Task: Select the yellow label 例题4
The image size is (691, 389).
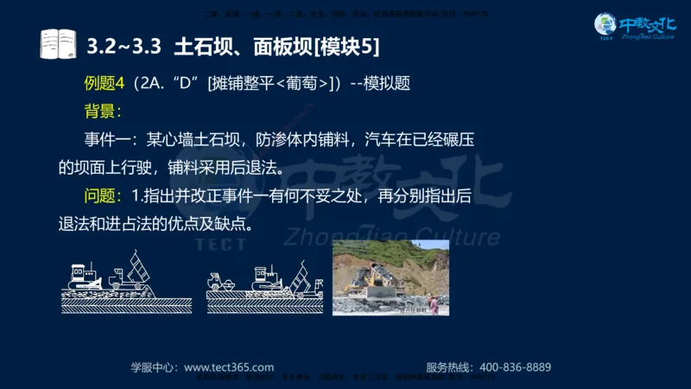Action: coord(105,84)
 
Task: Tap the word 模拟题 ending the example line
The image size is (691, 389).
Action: coord(385,84)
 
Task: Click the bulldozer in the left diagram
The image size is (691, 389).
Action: coord(86,275)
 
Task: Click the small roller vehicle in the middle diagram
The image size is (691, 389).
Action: coord(222,281)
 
